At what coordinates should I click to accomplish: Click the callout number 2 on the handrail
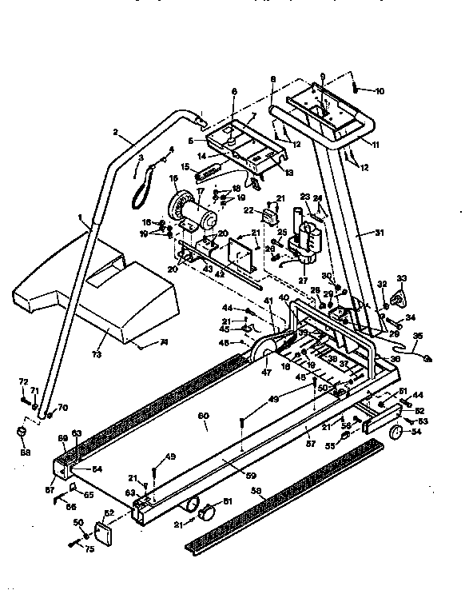(116, 131)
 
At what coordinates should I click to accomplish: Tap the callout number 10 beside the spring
(379, 91)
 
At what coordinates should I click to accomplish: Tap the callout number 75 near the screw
(90, 548)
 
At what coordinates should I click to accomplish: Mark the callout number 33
(401, 278)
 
